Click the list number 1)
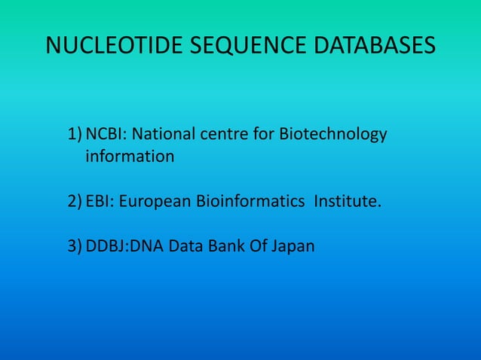click(75, 136)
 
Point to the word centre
click(223, 136)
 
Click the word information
click(130, 157)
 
